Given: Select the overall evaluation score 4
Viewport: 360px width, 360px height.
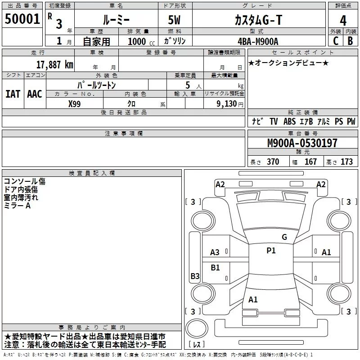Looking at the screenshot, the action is [x=343, y=20].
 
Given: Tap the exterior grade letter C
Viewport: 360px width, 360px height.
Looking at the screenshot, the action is [x=335, y=40].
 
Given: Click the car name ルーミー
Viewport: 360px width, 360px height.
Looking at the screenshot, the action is [x=116, y=19].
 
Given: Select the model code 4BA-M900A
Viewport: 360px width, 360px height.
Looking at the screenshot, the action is [x=258, y=41].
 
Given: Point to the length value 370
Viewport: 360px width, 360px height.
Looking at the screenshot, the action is [x=273, y=162].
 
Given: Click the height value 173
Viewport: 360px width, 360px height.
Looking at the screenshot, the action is [x=346, y=162].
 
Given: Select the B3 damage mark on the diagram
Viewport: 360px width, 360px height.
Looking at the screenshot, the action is [x=195, y=276].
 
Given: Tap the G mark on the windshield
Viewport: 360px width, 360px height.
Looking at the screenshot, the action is [x=284, y=237].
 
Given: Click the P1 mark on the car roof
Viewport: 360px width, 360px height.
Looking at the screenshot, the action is [x=271, y=251].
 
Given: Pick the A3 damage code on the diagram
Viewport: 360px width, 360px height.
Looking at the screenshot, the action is [x=215, y=252].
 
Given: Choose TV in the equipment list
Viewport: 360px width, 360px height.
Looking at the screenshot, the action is [x=274, y=121].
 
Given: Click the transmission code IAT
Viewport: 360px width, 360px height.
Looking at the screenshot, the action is [x=13, y=94].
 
